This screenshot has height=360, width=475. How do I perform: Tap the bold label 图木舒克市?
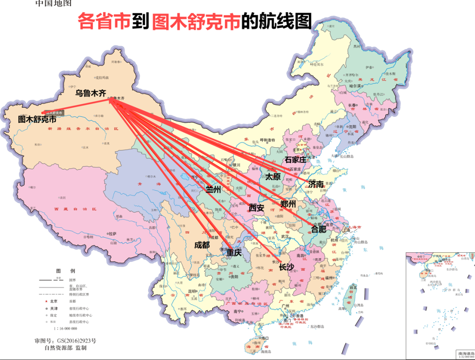click(x=37, y=119)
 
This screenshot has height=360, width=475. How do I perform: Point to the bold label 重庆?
click(x=234, y=253)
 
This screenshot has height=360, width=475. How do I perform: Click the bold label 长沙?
click(x=286, y=267)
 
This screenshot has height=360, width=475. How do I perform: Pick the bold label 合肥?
click(x=319, y=229)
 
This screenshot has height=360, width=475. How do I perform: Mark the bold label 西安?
click(x=256, y=207)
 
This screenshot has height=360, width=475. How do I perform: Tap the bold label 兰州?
click(x=214, y=189)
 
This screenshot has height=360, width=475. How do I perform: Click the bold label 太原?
click(x=273, y=177)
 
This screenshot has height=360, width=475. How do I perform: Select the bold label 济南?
click(x=316, y=184)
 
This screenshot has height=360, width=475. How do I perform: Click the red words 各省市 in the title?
click(x=104, y=21)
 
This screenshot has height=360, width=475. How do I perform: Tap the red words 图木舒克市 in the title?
click(x=196, y=21)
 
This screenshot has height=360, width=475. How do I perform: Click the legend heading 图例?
click(x=66, y=270)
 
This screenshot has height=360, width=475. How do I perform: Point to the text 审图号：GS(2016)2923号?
click(x=65, y=341)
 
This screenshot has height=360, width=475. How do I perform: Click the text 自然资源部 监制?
click(x=66, y=348)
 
